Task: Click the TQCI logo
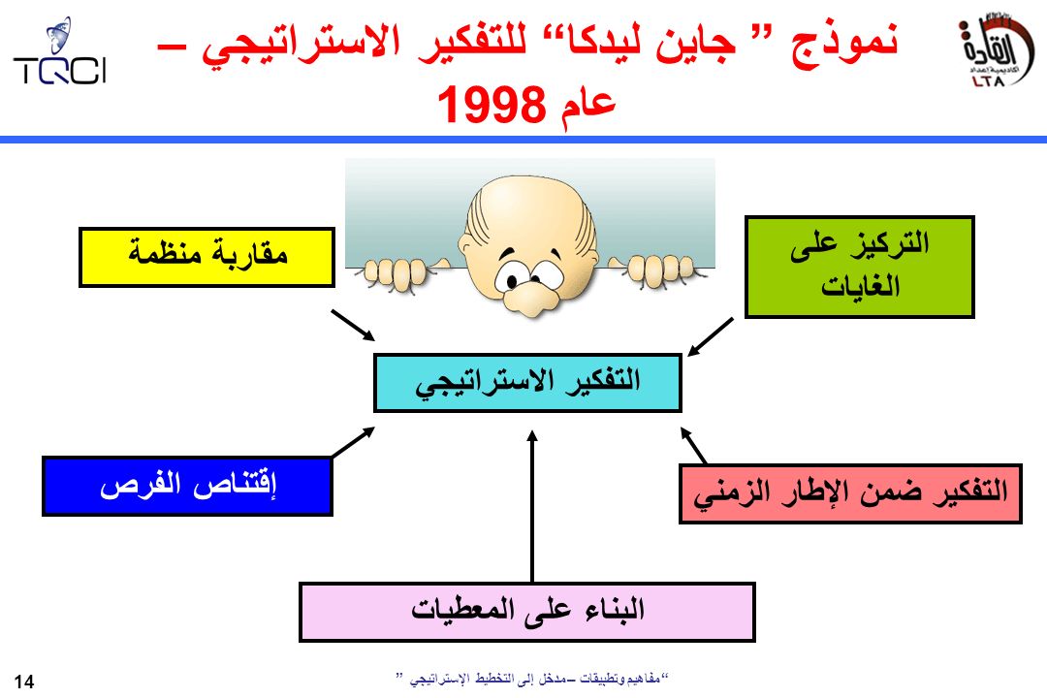59,52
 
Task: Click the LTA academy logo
993,51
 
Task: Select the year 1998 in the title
492,105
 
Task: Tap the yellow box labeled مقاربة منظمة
207,258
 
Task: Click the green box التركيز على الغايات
859,267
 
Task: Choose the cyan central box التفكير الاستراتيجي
527,383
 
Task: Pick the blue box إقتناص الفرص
188,486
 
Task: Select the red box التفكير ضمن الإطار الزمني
850,493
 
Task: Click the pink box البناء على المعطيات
526,612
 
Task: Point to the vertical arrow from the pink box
532,506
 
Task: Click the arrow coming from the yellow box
353,326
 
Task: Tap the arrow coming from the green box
710,337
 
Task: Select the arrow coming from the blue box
353,442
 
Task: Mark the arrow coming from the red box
693,446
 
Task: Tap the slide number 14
23,682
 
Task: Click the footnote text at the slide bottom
532,679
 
